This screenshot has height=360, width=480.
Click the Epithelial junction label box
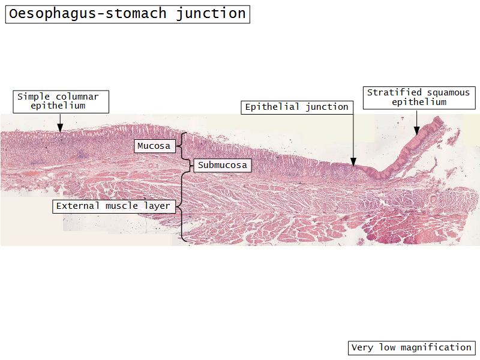click(296, 107)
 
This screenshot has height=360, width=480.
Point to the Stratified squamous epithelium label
click(419, 97)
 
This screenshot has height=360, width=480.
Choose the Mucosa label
click(154, 146)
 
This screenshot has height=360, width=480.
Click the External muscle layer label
click(113, 206)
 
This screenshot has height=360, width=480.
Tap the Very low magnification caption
click(411, 347)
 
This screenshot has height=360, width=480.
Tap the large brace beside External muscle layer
click(182, 206)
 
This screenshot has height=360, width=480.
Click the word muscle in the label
click(122, 206)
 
